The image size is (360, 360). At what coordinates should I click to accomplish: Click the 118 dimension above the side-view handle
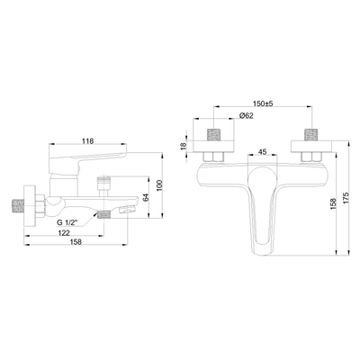88,140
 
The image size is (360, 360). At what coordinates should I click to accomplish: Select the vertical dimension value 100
159,185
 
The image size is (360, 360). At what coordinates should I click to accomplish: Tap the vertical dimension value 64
146,198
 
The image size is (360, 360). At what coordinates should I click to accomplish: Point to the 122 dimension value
64,233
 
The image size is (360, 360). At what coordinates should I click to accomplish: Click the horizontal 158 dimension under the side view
76,242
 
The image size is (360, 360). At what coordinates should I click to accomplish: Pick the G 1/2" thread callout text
67,222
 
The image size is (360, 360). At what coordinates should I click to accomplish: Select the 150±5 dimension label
263,103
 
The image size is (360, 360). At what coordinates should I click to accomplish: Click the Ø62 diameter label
247,116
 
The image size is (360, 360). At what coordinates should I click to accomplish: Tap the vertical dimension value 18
184,146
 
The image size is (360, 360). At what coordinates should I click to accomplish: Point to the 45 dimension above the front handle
262,152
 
